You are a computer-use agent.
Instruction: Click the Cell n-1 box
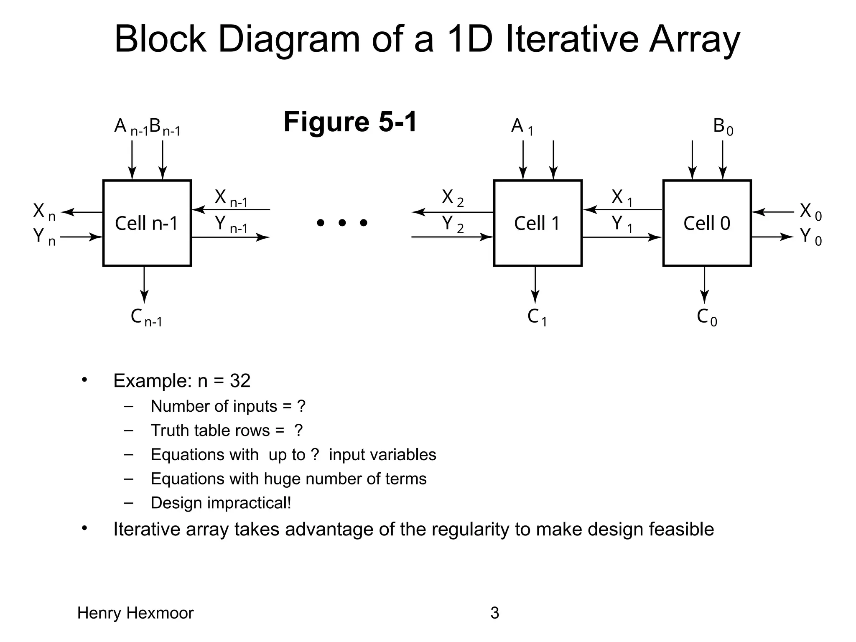[147, 223]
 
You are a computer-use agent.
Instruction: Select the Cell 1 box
[538, 223]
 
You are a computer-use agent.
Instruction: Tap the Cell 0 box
[707, 223]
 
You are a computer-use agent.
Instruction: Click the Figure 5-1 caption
[350, 122]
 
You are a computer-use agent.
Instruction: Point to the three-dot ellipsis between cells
[342, 223]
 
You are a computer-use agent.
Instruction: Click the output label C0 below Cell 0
[707, 318]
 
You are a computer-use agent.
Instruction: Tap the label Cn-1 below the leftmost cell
[146, 318]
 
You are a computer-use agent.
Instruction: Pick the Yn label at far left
[44, 237]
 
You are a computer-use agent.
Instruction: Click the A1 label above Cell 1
[522, 127]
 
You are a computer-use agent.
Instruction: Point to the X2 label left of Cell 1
[453, 198]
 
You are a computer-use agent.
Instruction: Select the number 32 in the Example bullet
[240, 381]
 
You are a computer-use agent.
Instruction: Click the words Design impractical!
[221, 503]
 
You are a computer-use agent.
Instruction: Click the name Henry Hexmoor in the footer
[135, 613]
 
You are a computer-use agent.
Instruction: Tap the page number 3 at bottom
[494, 613]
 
